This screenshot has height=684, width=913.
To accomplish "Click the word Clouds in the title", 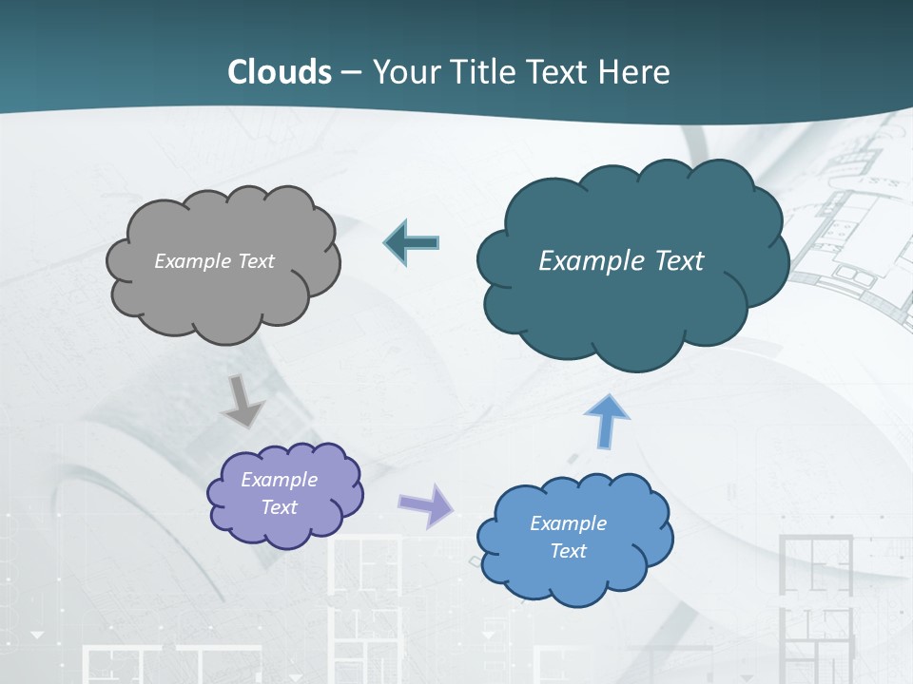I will pos(280,72).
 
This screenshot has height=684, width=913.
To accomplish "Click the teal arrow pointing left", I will pos(411,243).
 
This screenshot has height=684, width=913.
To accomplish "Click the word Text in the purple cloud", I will pos(280,507).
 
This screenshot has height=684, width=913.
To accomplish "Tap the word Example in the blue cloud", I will pos(568,523).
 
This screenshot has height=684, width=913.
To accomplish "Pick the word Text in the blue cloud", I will pos(568,551).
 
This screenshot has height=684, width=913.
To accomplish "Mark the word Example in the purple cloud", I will pos(279,480).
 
